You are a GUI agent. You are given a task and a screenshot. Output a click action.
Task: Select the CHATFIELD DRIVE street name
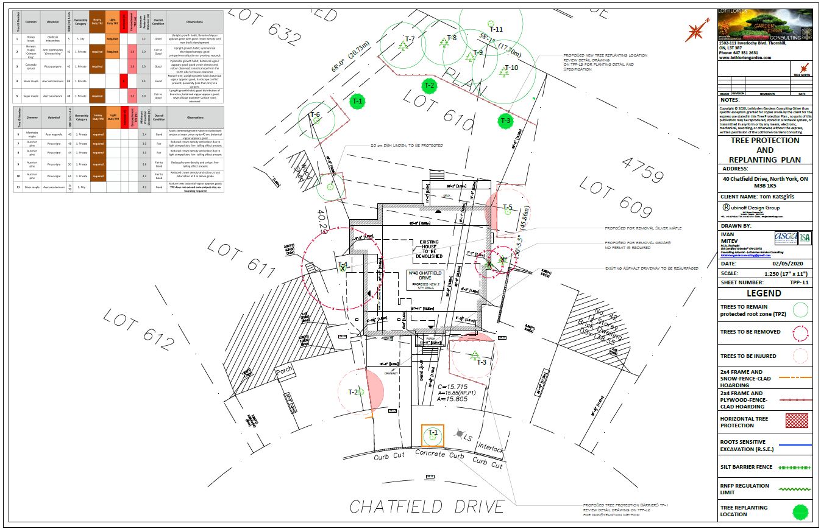[x=427, y=506]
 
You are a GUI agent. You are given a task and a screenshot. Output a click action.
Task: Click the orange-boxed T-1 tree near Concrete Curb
[x=433, y=435]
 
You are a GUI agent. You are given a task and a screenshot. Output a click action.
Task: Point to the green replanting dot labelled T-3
[x=505, y=121]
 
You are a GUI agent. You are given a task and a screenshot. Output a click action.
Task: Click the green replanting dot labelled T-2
[x=429, y=85]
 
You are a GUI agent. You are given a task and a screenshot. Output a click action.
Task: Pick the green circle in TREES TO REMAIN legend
[x=800, y=310]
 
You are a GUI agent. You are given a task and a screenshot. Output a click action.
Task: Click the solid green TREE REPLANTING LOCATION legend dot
[x=800, y=511]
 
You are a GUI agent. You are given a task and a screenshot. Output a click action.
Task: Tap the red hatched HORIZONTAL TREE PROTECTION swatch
[x=797, y=421]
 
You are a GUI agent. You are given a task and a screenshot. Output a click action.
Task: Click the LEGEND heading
[x=764, y=293]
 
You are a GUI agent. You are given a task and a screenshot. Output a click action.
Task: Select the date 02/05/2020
[x=789, y=264]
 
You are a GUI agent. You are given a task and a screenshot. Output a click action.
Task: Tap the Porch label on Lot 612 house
[x=284, y=371]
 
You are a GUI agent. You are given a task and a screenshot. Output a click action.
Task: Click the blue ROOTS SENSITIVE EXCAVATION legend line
[x=795, y=445]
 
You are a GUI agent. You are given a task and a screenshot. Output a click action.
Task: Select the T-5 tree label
[x=508, y=208]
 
